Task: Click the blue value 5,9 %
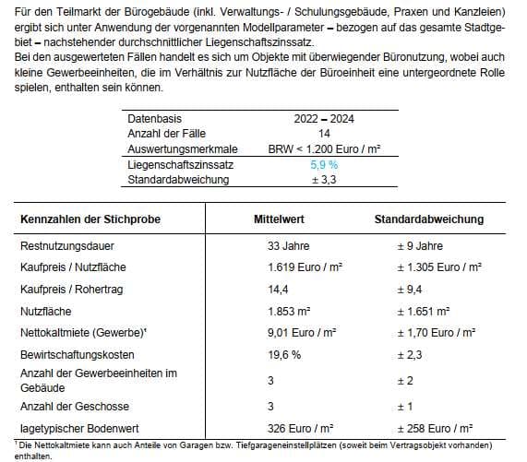(323, 163)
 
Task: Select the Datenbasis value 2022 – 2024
(323, 119)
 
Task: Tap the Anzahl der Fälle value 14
(323, 134)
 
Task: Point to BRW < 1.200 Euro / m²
(323, 148)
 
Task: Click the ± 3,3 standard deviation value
(323, 178)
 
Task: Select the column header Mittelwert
(280, 219)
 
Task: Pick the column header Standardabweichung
(428, 219)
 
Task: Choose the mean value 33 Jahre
(288, 246)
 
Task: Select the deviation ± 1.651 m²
(423, 311)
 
